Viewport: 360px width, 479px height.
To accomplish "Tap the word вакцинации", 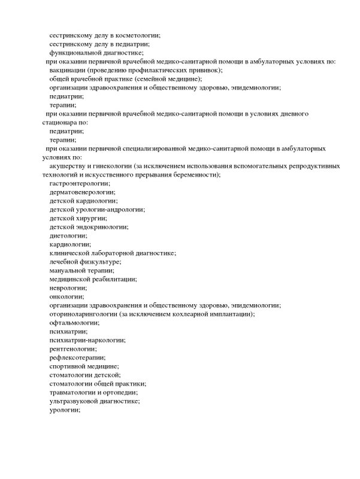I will (x=68, y=70).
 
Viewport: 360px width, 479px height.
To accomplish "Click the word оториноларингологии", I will (x=83, y=314).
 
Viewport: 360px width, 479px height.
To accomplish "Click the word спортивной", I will (x=69, y=366).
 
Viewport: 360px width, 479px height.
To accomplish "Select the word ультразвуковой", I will (x=75, y=401).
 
